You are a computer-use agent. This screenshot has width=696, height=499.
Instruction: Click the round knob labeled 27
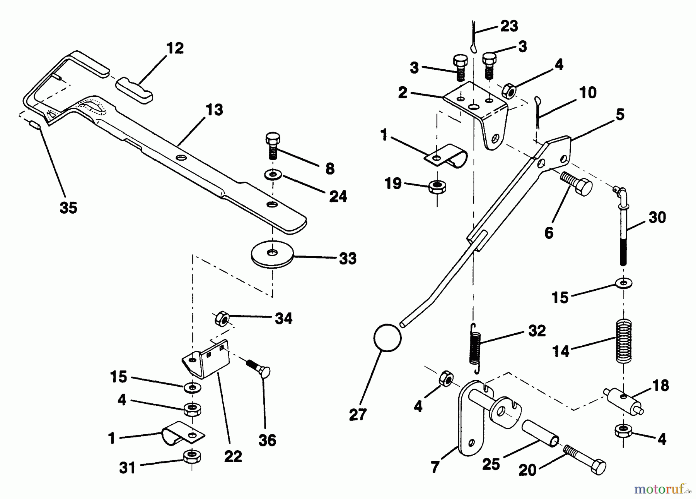pos(387,338)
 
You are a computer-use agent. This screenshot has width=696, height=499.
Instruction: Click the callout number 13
pos(215,110)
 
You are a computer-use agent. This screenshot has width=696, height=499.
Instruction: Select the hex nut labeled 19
pos(437,187)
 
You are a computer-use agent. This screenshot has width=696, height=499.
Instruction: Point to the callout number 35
pos(68,208)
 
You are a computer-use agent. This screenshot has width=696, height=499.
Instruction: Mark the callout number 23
pos(509,26)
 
